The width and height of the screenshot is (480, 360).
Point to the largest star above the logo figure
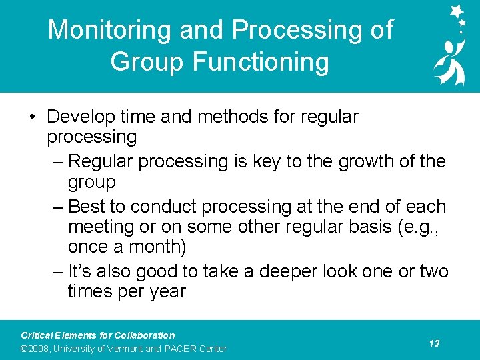[x=457, y=11]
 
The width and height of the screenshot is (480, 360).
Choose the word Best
[x=89, y=206]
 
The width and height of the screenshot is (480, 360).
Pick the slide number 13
[x=434, y=343]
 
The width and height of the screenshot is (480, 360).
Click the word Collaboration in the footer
[x=144, y=335]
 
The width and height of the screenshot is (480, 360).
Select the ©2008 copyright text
[x=35, y=349]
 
